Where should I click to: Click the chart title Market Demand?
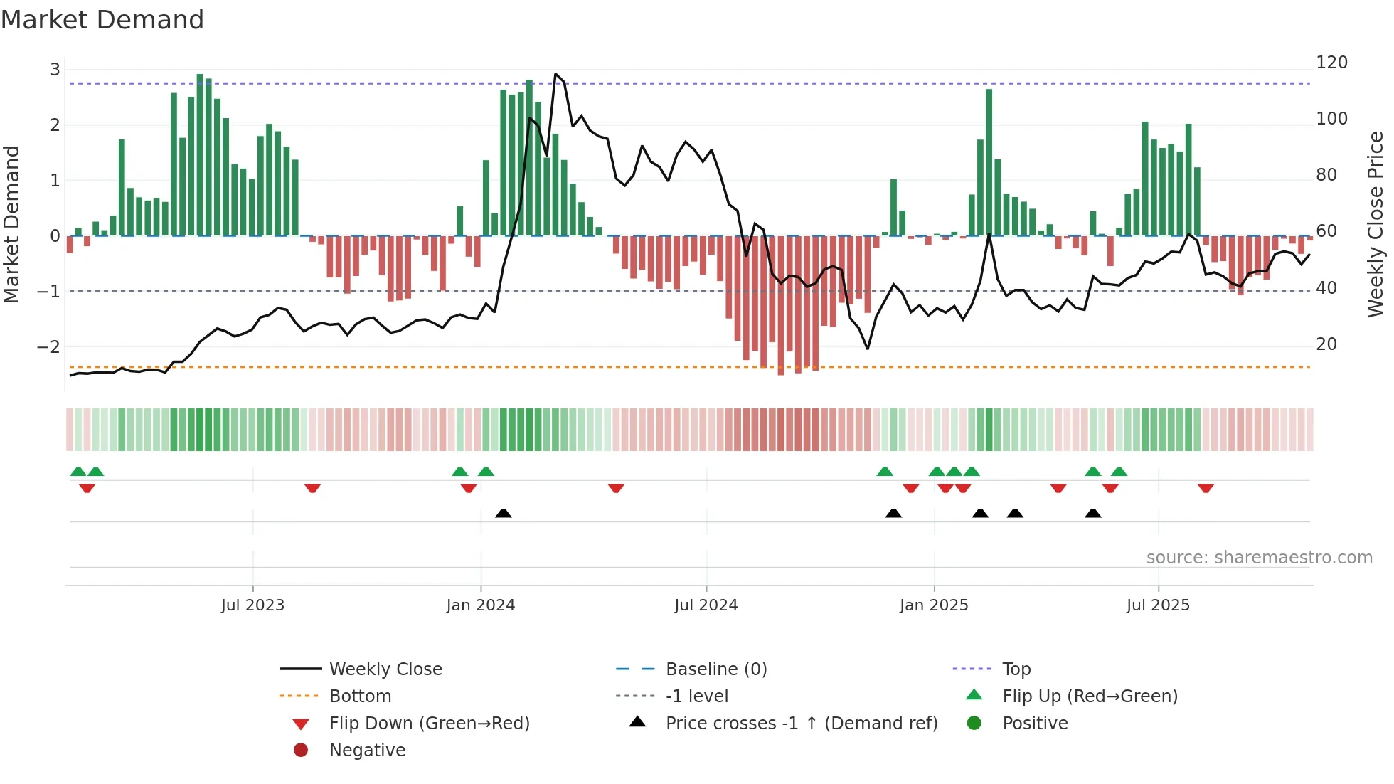point(102,20)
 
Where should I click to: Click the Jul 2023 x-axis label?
point(252,605)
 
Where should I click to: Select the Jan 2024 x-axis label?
point(481,605)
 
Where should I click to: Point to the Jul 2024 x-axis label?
point(706,605)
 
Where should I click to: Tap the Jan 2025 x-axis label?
point(934,605)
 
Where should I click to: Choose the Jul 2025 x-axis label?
point(1158,605)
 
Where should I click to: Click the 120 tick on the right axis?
point(1331,63)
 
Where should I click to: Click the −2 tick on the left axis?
point(48,347)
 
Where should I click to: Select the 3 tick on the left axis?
point(55,70)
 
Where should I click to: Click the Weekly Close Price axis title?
point(1376,224)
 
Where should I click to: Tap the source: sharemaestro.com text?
point(1259,558)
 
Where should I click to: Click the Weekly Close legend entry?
point(385,669)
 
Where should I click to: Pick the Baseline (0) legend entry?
point(716,669)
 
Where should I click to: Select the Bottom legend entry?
point(360,696)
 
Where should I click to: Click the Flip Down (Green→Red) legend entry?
point(429,724)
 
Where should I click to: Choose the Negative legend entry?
point(367,751)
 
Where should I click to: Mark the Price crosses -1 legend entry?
point(802,724)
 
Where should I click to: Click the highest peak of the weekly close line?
point(555,74)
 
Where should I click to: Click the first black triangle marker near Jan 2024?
point(503,513)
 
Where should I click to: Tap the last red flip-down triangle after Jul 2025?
point(1206,488)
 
